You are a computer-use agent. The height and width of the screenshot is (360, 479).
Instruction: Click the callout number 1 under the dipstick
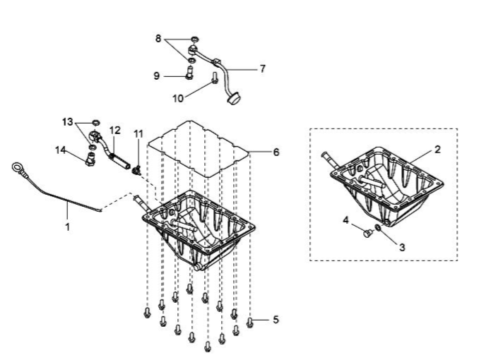[68, 227]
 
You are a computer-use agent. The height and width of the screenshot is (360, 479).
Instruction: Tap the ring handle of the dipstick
[16, 167]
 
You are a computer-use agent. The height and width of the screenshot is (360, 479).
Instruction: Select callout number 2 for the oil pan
[437, 150]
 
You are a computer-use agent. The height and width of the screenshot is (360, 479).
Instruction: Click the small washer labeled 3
[378, 227]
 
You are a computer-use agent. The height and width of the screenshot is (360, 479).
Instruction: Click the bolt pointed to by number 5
[249, 323]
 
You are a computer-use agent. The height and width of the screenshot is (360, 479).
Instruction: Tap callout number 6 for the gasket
[276, 152]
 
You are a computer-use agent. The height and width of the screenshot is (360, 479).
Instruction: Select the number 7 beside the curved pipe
[263, 68]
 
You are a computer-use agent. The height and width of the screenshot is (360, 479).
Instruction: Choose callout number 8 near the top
[158, 39]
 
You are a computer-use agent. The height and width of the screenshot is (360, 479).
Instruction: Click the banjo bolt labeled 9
[190, 73]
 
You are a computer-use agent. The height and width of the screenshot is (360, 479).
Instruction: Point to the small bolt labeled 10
[214, 78]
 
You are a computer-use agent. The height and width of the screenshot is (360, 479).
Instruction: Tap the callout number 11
[138, 133]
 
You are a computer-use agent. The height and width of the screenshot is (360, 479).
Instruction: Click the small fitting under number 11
[137, 170]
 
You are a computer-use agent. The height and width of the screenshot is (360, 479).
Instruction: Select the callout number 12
[115, 131]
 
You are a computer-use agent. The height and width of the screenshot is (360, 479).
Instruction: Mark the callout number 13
[68, 122]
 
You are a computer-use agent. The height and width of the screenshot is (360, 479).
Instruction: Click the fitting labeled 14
[90, 160]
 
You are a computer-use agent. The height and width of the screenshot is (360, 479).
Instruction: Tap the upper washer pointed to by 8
[194, 39]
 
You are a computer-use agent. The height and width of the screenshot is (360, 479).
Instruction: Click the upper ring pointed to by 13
[96, 123]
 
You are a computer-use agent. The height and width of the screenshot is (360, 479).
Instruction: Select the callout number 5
[276, 320]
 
